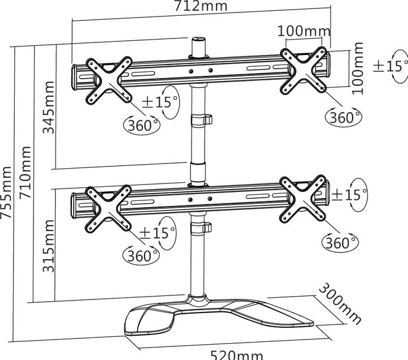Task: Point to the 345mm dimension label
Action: [x=50, y=107]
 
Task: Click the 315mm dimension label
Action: [x=50, y=246]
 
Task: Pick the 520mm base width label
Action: [x=236, y=354]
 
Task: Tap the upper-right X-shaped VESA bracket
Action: [x=304, y=70]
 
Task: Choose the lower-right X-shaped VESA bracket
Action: [x=304, y=198]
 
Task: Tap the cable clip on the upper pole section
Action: [x=202, y=120]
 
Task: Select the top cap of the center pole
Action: [x=199, y=41]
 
